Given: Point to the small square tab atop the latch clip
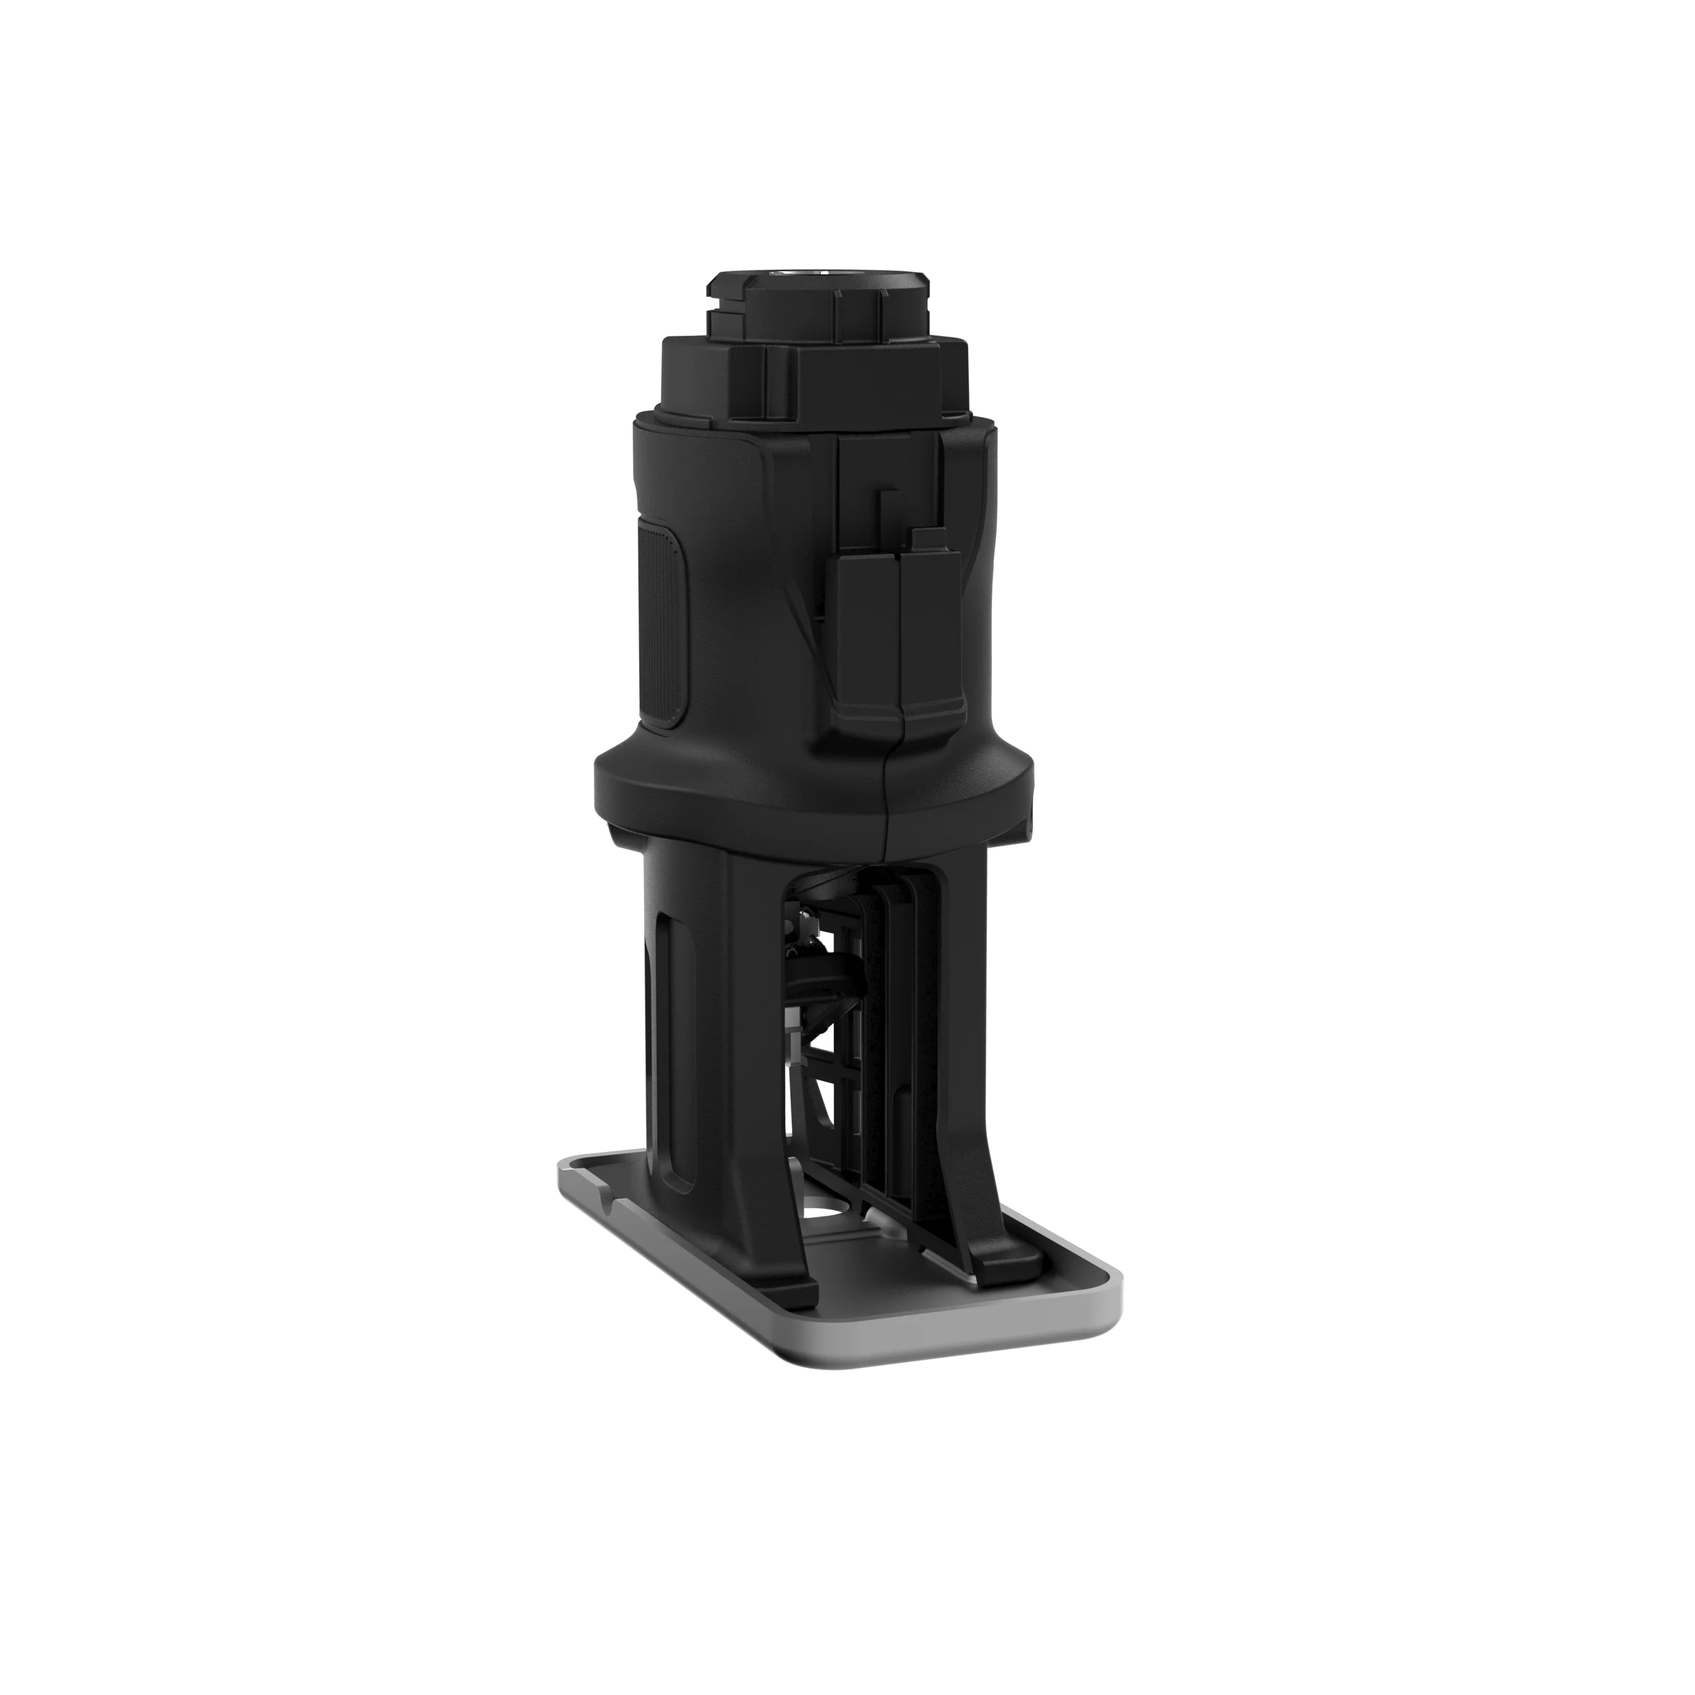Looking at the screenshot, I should (x=926, y=538).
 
